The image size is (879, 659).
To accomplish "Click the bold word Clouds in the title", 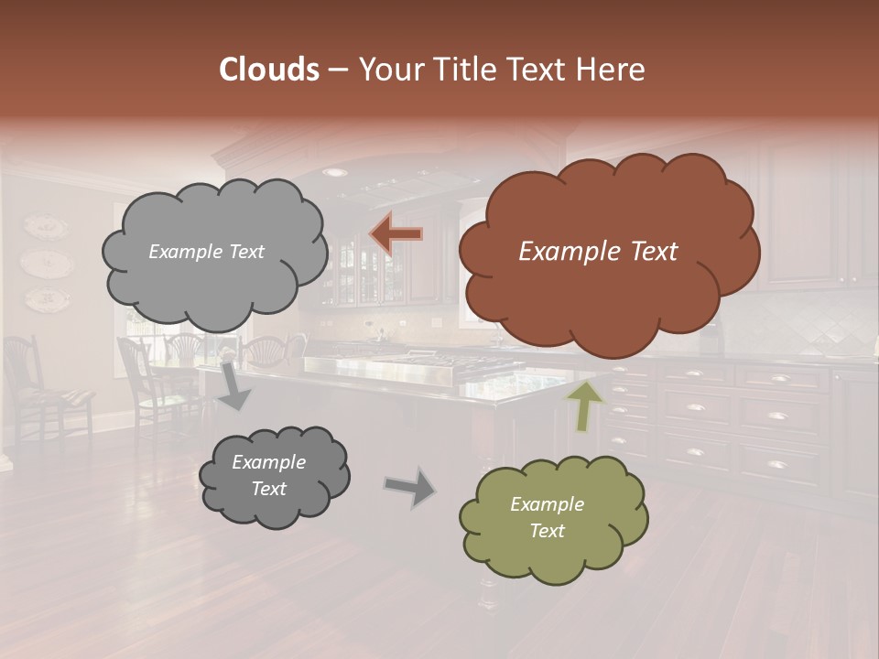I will (269, 70).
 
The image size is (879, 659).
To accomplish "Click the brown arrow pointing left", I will (396, 235).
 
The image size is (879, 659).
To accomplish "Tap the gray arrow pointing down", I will (233, 384).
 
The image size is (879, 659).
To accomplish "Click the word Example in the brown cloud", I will (562, 252).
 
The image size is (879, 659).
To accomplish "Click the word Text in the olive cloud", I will (548, 531).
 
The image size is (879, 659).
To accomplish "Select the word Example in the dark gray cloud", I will (268, 462).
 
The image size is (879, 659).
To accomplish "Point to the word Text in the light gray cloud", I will (244, 252).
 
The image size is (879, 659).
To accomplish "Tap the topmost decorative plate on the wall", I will (45, 227).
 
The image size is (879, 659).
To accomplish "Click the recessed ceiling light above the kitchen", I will (335, 172).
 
